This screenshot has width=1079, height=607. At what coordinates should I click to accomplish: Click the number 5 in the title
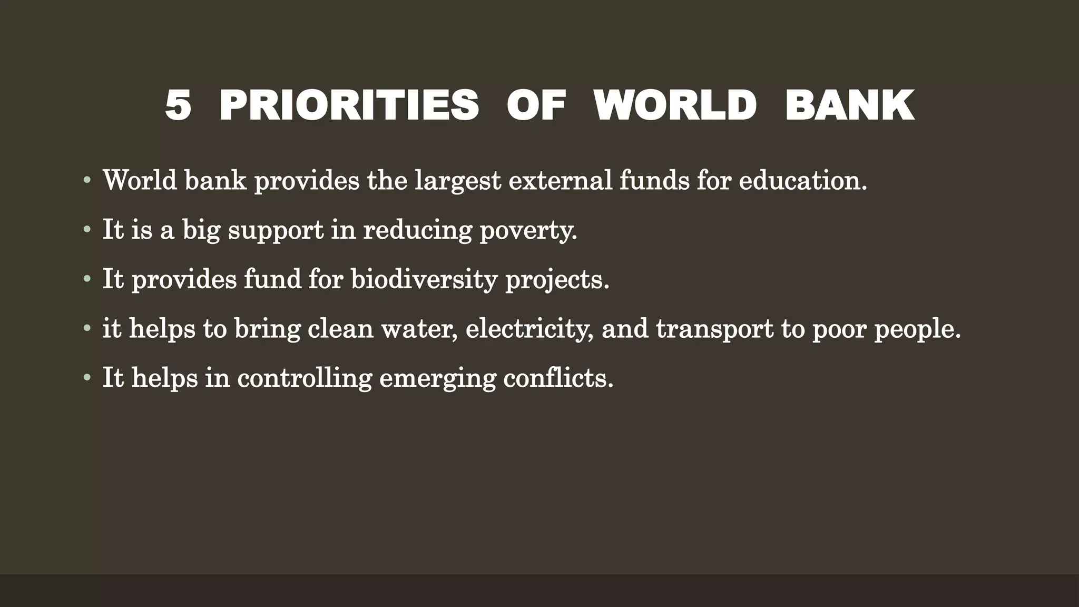pyautogui.click(x=178, y=105)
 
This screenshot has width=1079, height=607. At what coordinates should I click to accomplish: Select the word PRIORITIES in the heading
pyautogui.click(x=349, y=105)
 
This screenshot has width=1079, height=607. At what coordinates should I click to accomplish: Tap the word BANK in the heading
pyautogui.click(x=849, y=105)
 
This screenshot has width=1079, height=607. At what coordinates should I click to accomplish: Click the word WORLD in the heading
pyautogui.click(x=675, y=105)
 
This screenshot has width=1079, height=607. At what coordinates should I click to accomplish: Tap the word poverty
pyautogui.click(x=528, y=230)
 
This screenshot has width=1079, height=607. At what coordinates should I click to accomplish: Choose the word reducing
pyautogui.click(x=417, y=230)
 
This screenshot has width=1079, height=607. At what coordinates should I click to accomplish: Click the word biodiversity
pyautogui.click(x=424, y=279)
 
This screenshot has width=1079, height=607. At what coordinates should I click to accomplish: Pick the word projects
pyautogui.click(x=557, y=279)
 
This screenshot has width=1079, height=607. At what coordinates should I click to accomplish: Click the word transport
pyautogui.click(x=715, y=329)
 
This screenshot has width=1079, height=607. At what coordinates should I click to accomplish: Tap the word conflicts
pyautogui.click(x=558, y=378)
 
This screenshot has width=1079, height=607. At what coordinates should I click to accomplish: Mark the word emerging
pyautogui.click(x=437, y=378)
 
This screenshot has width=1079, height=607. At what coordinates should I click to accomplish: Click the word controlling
pyautogui.click(x=305, y=378)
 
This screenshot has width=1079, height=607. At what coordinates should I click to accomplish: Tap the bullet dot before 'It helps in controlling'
pyautogui.click(x=87, y=379)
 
